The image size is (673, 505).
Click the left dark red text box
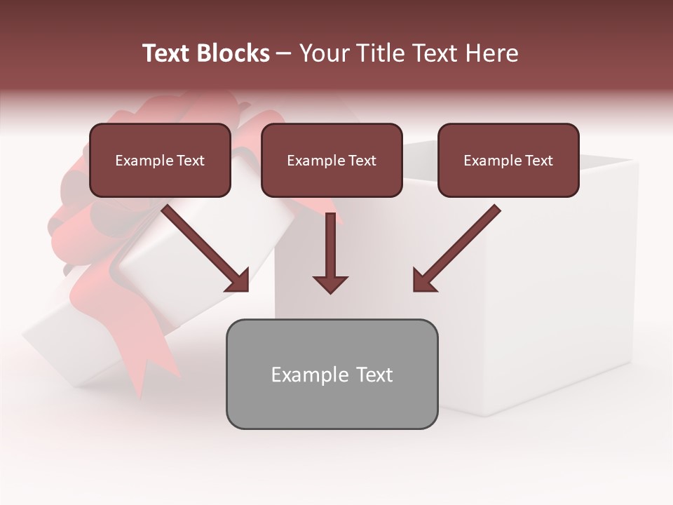click(x=160, y=161)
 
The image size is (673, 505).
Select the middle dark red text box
click(x=332, y=161)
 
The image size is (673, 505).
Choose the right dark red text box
click(x=508, y=161)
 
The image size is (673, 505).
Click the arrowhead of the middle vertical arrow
click(x=330, y=283)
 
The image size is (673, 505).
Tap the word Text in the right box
click(x=538, y=161)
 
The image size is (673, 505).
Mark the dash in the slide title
click(x=284, y=53)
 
